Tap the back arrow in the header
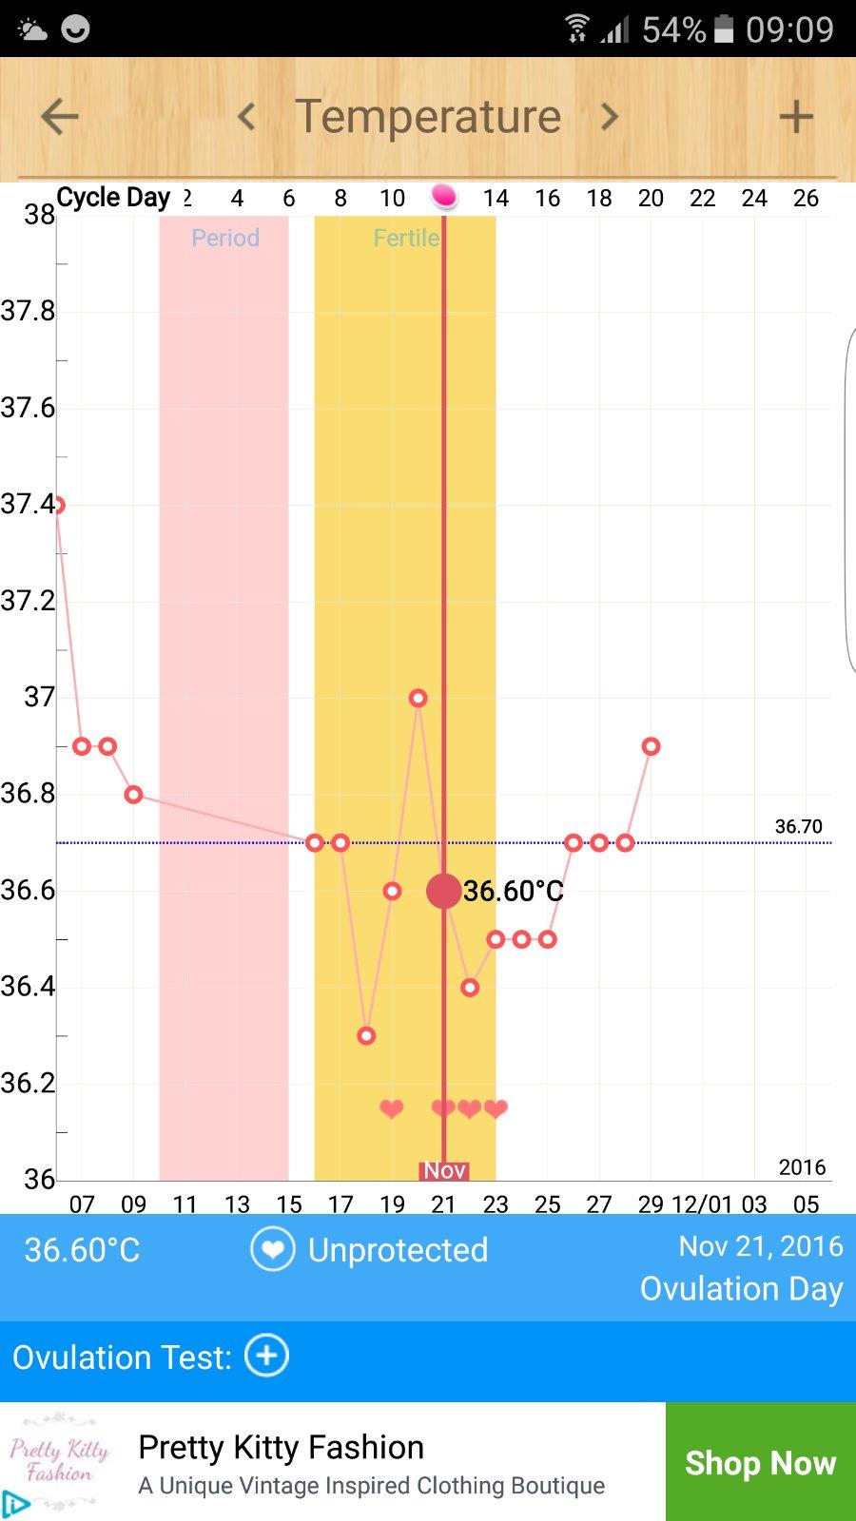(x=59, y=117)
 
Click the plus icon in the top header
(x=796, y=117)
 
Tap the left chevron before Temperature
(x=246, y=117)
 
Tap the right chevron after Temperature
(x=610, y=117)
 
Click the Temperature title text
(x=428, y=117)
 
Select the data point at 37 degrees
(x=418, y=698)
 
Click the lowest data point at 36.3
(x=366, y=1035)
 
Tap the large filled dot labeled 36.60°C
(x=443, y=891)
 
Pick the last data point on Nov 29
(x=651, y=746)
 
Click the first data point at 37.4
(x=58, y=505)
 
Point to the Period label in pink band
(x=225, y=238)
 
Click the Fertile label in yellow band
(x=406, y=238)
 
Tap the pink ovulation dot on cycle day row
(x=443, y=197)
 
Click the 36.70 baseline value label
(x=798, y=826)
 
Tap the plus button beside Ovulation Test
(x=266, y=1356)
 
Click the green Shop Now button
(x=760, y=1462)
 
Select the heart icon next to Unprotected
(x=272, y=1249)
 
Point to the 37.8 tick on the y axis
(x=28, y=311)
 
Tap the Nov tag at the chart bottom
(x=444, y=1170)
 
